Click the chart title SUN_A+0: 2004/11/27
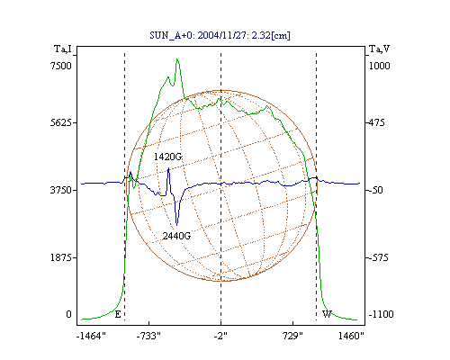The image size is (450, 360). (195, 35)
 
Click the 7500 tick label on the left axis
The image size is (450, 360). (61, 66)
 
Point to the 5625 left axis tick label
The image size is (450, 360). (61, 122)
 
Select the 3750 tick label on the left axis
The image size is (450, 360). (61, 190)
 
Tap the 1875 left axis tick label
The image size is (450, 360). (61, 257)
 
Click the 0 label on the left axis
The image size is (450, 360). (68, 314)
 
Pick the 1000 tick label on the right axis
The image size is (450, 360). (379, 66)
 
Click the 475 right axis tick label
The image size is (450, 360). (376, 122)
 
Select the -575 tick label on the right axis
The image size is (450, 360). (378, 257)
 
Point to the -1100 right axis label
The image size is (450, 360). (381, 314)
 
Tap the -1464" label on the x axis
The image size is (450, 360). (91, 336)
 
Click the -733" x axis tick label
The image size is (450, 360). (148, 336)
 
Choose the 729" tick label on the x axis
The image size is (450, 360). (292, 336)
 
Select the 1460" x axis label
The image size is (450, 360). (351, 336)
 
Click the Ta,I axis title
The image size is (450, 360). (63, 49)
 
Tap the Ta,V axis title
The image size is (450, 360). (380, 49)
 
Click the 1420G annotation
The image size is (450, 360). (168, 157)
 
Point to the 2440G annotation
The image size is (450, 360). (176, 236)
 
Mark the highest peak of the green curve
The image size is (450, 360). (177, 59)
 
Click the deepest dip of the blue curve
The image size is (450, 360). (176, 225)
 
